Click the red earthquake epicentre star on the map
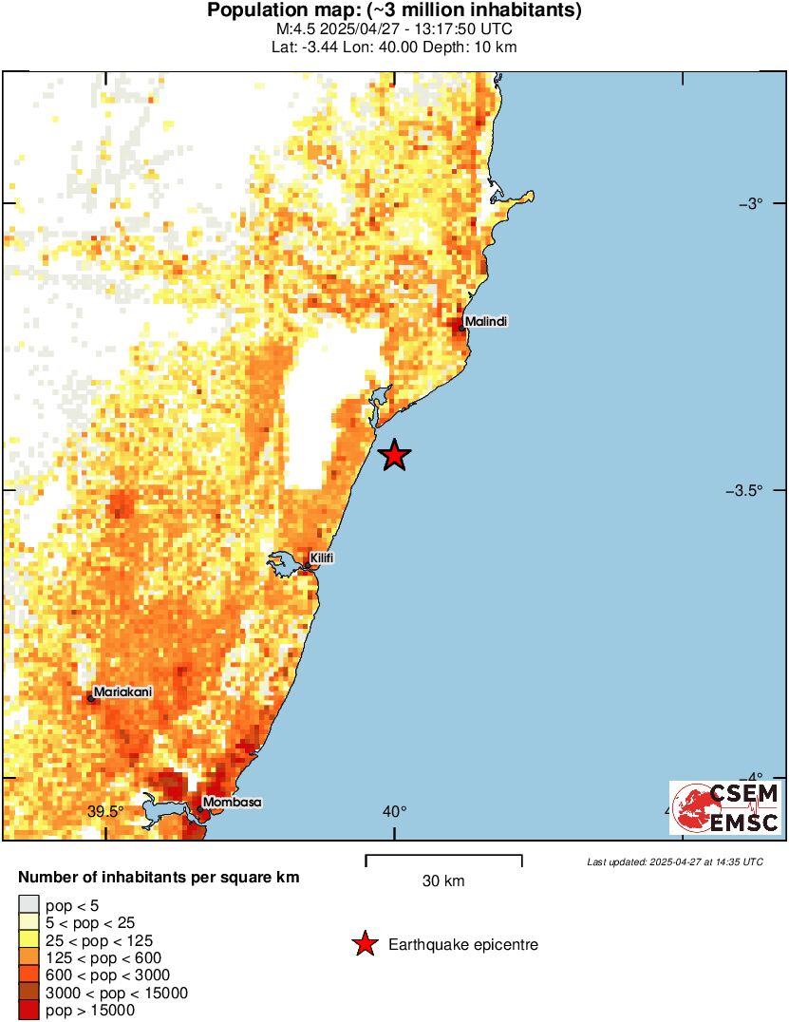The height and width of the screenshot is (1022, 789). point(394,456)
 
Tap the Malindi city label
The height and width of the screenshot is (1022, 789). point(486,321)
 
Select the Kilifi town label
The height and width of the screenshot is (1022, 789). point(322,557)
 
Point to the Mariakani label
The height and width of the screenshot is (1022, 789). point(122,692)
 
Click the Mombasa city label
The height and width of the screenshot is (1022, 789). point(233,802)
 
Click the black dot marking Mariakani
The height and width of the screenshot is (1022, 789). point(91,699)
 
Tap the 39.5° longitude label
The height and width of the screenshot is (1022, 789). point(105,811)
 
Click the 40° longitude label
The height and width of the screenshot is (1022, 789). point(394,811)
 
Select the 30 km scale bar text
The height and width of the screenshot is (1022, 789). point(443,881)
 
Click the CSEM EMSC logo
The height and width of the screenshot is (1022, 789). point(726,808)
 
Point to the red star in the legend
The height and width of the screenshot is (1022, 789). point(364,944)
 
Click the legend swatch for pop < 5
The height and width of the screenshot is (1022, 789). point(29,905)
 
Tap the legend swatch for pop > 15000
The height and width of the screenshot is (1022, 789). point(29,1011)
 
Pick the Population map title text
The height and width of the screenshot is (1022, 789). point(394,11)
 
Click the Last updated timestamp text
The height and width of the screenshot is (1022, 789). point(674,861)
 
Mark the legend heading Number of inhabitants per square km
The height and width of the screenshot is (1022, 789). point(160,878)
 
